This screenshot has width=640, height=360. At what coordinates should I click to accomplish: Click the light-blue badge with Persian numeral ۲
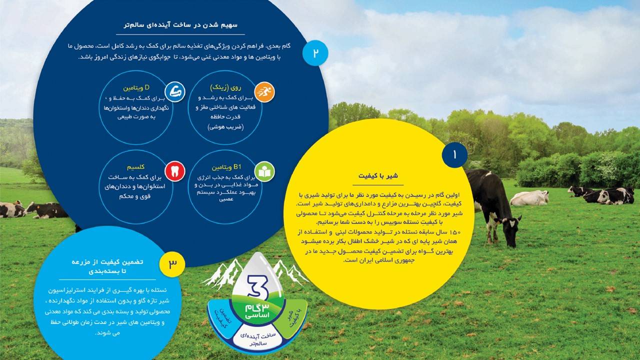(315, 53)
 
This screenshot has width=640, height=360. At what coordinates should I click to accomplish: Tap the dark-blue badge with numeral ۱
(454, 155)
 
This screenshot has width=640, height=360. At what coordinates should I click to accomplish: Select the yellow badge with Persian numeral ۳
(172, 264)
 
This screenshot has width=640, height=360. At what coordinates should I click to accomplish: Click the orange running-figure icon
(264, 92)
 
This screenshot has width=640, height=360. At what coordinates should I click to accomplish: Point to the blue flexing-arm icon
(175, 91)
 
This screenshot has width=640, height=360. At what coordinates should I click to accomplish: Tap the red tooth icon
(175, 171)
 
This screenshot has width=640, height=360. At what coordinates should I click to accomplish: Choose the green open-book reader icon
(264, 171)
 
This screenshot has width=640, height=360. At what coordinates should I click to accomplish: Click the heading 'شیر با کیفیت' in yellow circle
(378, 175)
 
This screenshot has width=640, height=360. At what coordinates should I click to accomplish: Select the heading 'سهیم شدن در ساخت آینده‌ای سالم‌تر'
(180, 25)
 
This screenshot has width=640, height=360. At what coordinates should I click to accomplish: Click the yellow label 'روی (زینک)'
(225, 87)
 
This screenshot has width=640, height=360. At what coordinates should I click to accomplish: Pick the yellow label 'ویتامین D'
(136, 87)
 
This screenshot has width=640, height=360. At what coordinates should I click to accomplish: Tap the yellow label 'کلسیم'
(135, 167)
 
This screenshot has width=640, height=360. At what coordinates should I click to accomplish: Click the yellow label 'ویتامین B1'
(226, 167)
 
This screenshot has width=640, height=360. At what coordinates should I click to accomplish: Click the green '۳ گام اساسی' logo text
(257, 311)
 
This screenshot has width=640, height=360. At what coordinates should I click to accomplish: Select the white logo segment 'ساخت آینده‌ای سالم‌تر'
(257, 339)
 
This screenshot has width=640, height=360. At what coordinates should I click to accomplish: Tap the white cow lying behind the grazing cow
(529, 198)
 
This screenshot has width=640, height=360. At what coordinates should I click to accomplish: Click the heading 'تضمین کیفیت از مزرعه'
(107, 262)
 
